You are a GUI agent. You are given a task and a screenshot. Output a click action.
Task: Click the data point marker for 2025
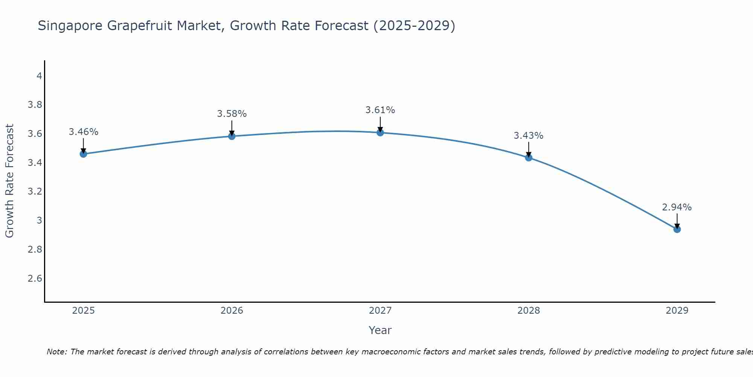[84, 154]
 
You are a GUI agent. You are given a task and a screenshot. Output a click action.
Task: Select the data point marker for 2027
[380, 132]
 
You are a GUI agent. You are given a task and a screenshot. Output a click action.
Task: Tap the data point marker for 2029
[677, 229]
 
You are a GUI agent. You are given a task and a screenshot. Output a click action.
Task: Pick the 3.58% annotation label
[232, 113]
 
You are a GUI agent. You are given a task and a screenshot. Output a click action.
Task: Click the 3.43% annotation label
[529, 135]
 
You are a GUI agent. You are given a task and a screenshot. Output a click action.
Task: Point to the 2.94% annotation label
[677, 207]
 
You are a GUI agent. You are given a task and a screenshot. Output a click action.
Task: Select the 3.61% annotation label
[380, 110]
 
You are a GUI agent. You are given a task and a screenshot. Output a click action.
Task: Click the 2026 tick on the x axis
[232, 311]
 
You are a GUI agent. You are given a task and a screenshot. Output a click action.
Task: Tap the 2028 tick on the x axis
[529, 311]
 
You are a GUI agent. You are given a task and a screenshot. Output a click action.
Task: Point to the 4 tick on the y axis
[39, 76]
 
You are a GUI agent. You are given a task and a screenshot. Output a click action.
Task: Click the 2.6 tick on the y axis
[35, 278]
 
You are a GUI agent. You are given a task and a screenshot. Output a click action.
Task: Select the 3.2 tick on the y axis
[35, 192]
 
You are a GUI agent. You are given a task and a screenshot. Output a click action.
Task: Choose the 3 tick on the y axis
[39, 220]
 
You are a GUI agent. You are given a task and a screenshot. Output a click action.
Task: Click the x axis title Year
[380, 330]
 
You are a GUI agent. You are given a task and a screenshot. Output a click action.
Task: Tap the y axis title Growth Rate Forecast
[9, 181]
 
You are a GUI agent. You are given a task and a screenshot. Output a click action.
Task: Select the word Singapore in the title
[70, 26]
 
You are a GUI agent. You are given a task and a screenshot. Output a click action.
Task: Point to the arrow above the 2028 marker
[529, 149]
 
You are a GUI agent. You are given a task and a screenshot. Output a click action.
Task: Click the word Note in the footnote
[56, 352]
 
